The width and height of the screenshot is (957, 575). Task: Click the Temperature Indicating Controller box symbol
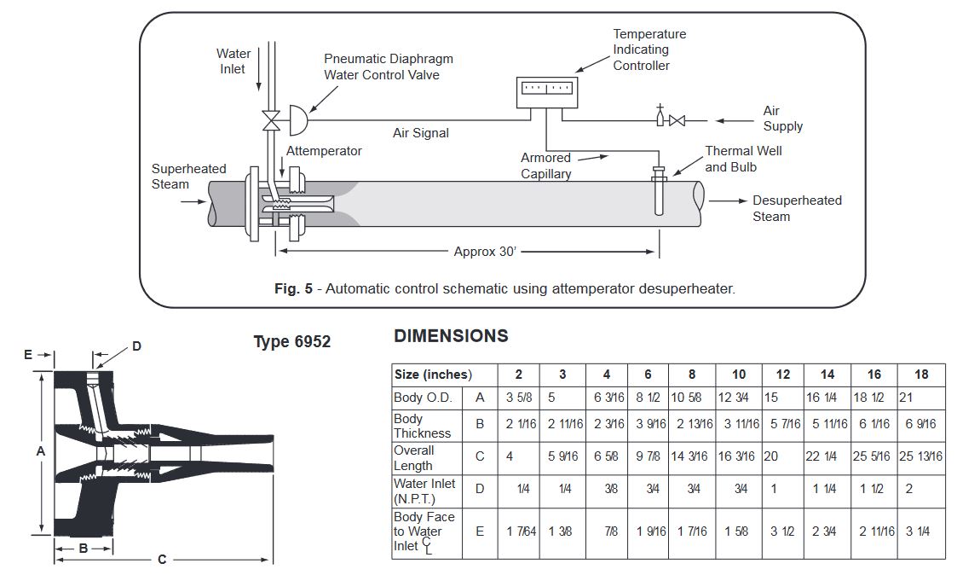(548, 92)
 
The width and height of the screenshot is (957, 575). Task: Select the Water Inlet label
(233, 61)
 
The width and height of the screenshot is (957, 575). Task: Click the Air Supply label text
(782, 119)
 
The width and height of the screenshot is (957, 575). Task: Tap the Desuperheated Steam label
(796, 208)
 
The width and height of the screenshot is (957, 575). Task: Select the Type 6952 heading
(291, 342)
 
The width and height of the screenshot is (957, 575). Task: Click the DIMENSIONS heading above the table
(451, 336)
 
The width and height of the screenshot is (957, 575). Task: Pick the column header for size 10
(738, 375)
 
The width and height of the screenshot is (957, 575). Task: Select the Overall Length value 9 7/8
(649, 457)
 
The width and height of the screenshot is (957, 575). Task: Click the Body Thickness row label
(422, 426)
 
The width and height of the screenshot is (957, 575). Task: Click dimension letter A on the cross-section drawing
(40, 452)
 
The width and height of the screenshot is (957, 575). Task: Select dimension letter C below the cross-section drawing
(162, 560)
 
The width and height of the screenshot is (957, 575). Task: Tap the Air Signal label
(420, 133)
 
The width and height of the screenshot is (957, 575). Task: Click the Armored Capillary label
(546, 166)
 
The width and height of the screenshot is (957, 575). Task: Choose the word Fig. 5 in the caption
(293, 289)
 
